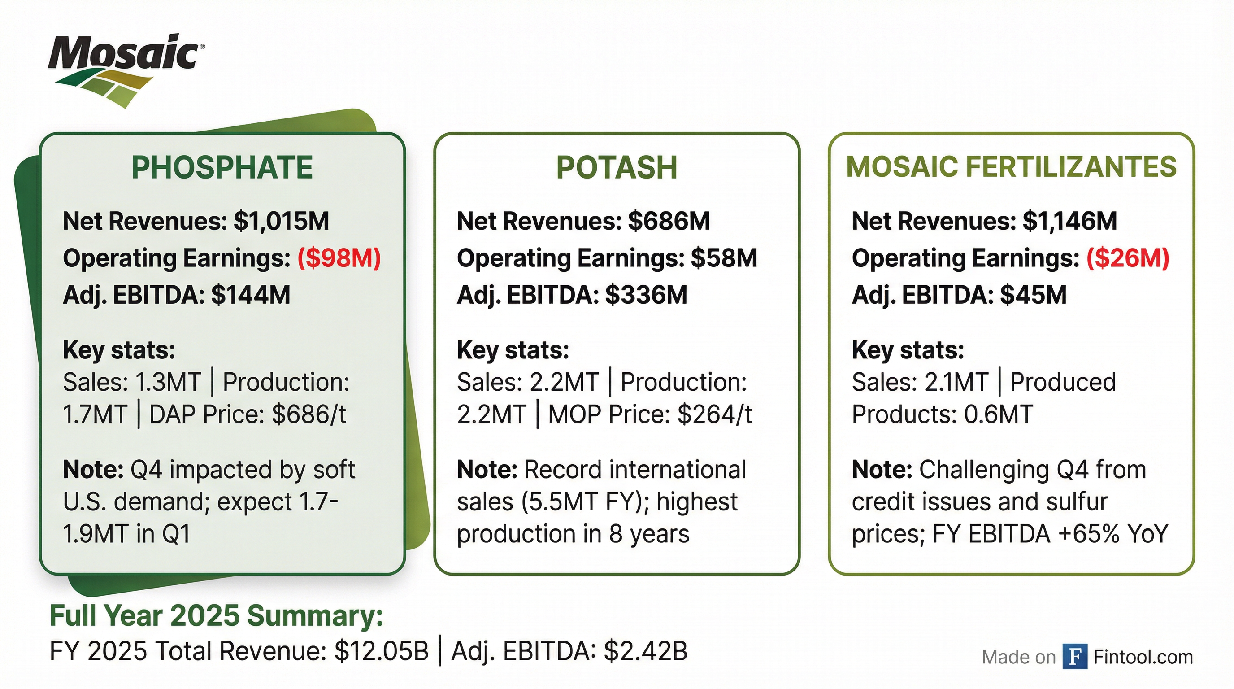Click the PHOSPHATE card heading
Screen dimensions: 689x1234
click(222, 167)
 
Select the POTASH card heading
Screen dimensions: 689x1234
click(617, 167)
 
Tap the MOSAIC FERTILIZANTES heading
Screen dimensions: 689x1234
click(1011, 167)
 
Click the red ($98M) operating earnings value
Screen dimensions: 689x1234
click(339, 258)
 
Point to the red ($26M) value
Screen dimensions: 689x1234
click(1128, 258)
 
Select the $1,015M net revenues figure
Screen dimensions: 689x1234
click(281, 221)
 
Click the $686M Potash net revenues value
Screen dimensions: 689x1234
click(669, 221)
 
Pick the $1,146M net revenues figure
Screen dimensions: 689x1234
click(1069, 221)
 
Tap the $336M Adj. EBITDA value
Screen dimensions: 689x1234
click(646, 295)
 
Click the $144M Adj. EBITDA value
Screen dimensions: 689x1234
click(251, 295)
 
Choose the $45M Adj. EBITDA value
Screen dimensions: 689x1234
click(1033, 295)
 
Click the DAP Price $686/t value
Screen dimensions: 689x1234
click(309, 414)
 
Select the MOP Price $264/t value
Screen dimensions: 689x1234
click(714, 414)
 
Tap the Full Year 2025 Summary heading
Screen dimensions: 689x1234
click(217, 616)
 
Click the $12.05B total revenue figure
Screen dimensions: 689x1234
click(381, 652)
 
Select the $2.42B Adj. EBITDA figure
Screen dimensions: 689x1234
click(645, 652)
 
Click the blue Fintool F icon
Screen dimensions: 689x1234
click(1074, 656)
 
